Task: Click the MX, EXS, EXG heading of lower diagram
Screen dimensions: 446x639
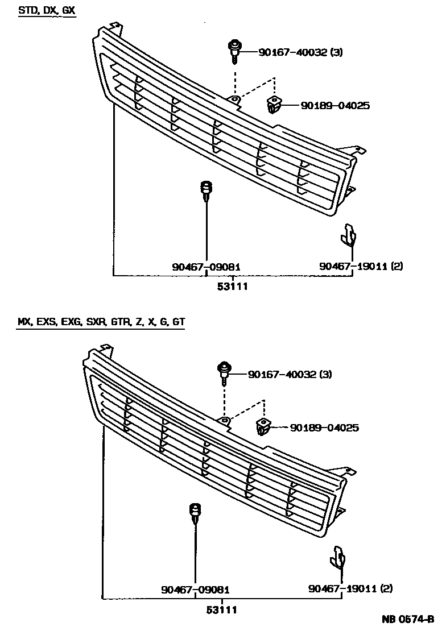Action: click(x=101, y=322)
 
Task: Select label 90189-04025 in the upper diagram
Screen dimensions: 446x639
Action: click(x=335, y=105)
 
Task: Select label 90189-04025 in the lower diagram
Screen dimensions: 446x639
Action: click(x=324, y=427)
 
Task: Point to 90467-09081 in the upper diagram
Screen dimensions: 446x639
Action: click(x=206, y=266)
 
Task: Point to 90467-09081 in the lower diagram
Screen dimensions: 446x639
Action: click(x=195, y=590)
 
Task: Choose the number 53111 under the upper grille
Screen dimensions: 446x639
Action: click(x=233, y=287)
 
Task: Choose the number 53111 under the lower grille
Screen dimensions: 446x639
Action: click(x=221, y=609)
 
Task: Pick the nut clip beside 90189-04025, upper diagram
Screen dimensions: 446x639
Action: click(x=274, y=105)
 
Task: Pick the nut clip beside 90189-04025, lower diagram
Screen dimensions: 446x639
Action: click(x=263, y=426)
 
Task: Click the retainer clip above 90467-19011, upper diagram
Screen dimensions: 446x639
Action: click(x=349, y=235)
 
